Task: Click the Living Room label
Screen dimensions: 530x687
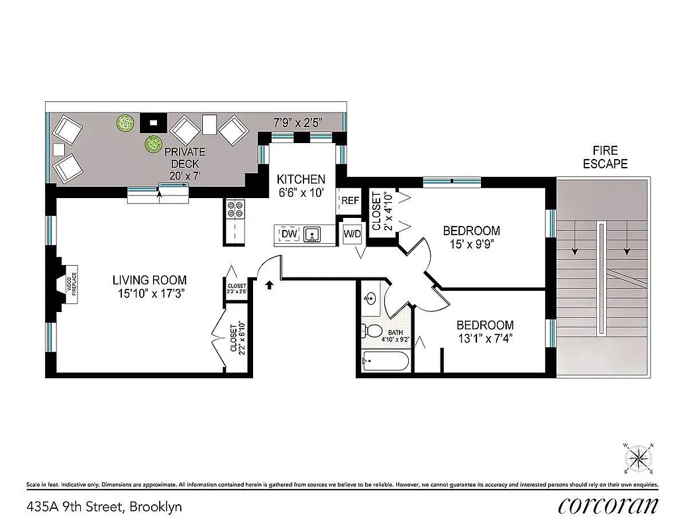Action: pos(149,280)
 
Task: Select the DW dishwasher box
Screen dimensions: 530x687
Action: pos(289,234)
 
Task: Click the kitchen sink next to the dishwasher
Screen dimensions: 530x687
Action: pos(311,234)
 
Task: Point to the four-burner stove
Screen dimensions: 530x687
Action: pos(236,211)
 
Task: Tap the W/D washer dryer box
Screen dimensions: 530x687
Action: pos(351,233)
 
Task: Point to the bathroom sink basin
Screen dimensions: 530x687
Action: pos(370,299)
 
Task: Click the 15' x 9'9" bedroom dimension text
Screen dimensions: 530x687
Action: pos(471,243)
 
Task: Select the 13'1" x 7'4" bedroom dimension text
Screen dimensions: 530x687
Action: pos(484,337)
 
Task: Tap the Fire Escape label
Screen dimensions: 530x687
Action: pos(605,158)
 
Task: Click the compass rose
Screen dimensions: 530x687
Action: pos(639,457)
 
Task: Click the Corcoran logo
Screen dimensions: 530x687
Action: pos(608,506)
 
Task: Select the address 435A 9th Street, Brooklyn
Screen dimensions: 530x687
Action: pos(104,507)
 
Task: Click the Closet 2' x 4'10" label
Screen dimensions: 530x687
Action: pos(382,211)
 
